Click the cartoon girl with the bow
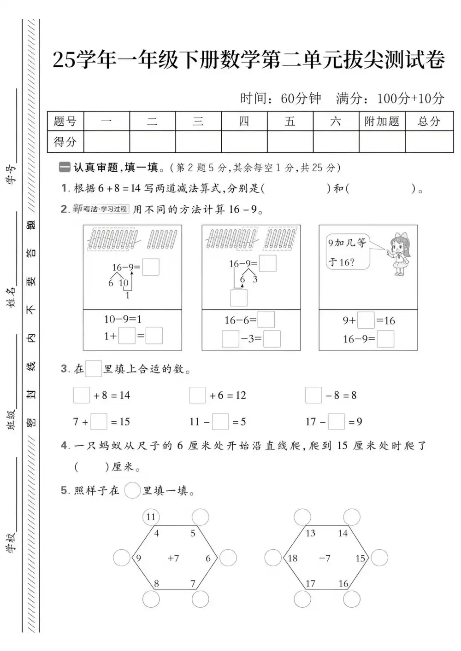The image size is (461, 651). [x=400, y=255]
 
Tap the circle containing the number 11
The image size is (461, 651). [x=151, y=517]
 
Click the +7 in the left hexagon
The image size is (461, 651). [x=173, y=558]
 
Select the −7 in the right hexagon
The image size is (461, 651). [x=325, y=558]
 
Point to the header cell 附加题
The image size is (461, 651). [x=382, y=122]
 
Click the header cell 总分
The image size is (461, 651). [x=429, y=122]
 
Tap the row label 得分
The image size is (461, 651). [x=65, y=142]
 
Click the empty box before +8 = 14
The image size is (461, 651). [x=82, y=395]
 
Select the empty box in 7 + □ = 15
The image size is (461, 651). [x=99, y=421]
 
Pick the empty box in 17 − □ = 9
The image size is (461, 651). [x=336, y=421]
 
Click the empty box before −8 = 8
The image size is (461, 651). [x=313, y=395]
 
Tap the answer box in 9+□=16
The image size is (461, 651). [x=366, y=320]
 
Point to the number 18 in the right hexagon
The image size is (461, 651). [x=293, y=558]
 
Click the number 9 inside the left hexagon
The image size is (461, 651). [x=138, y=558]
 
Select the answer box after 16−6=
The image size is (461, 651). [x=266, y=320]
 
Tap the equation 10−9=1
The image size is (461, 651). [x=123, y=319]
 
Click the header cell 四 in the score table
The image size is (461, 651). [x=244, y=122]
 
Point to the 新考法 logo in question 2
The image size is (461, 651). [x=100, y=209]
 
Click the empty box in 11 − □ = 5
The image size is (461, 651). [x=220, y=421]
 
